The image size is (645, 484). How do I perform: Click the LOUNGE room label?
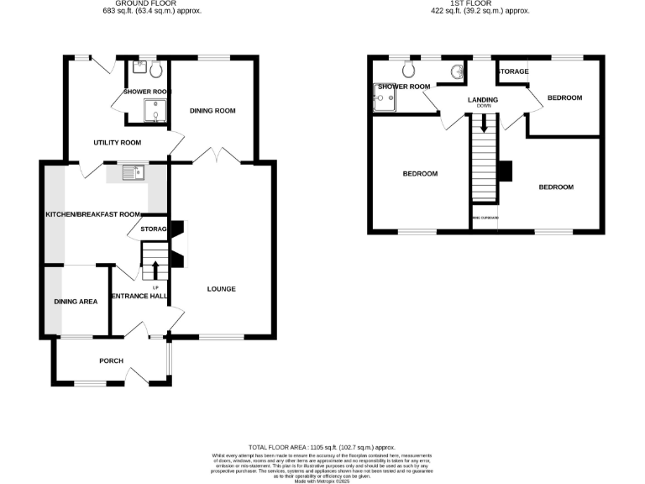[222, 289]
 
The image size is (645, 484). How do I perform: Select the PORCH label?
[111, 361]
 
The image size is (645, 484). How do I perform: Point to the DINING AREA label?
[76, 301]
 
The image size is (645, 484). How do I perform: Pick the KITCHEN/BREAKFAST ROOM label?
[92, 214]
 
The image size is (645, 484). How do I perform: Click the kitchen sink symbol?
[134, 174]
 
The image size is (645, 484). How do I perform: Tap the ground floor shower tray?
[155, 110]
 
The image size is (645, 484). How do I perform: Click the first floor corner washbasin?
[457, 72]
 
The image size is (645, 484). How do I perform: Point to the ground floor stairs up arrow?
[155, 271]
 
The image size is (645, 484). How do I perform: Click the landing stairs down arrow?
[483, 129]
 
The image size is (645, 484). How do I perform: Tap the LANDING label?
[483, 100]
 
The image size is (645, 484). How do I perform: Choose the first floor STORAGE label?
[512, 71]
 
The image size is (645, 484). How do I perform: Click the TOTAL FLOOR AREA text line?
[322, 448]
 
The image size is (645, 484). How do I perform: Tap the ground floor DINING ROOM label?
[212, 111]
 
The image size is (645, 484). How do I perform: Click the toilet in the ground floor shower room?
[156, 71]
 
